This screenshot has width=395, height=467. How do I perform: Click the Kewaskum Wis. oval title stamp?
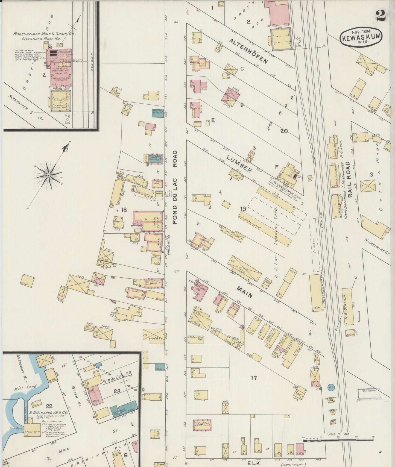pyautogui.click(x=361, y=37)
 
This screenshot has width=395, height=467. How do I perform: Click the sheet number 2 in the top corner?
pyautogui.click(x=381, y=16)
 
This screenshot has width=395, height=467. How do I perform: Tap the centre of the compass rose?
pyautogui.click(x=48, y=175)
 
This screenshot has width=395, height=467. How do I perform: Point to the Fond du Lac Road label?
pyautogui.click(x=175, y=187)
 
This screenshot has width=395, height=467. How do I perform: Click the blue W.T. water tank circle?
pyautogui.click(x=331, y=387)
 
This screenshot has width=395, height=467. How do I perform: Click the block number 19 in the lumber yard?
pyautogui.click(x=243, y=209)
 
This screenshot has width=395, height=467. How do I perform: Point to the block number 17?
pyautogui.click(x=254, y=378)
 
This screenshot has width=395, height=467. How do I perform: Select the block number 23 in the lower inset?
pyautogui.click(x=117, y=391)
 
